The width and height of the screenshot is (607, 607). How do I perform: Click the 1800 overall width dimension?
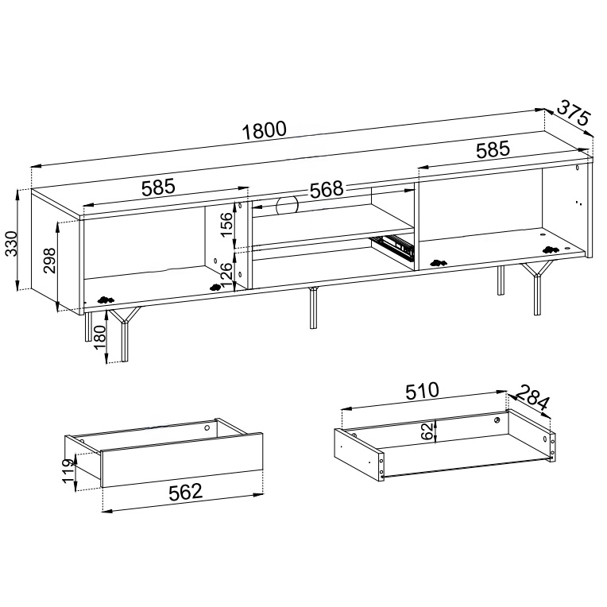[x=265, y=130]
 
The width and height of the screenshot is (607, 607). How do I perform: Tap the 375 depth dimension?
[x=574, y=113]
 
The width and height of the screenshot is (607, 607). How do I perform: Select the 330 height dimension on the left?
[x=12, y=243]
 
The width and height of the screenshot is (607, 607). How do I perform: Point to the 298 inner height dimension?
[x=50, y=260]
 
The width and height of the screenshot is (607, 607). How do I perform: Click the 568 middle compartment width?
[x=327, y=189]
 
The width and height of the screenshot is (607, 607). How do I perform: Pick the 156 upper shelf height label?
[x=226, y=224]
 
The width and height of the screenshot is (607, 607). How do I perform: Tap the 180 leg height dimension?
[x=99, y=337]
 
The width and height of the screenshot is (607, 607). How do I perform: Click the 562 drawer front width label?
[x=185, y=492]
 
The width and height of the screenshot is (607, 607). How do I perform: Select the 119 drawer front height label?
[x=69, y=470]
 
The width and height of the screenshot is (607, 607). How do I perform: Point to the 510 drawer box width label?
[x=422, y=391]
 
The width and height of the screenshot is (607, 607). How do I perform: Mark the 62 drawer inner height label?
[x=426, y=431]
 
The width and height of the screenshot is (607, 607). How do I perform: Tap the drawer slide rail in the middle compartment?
[x=392, y=246]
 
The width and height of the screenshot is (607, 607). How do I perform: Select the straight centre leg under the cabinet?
[x=313, y=307]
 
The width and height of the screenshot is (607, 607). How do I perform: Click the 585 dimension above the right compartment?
[x=493, y=150]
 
